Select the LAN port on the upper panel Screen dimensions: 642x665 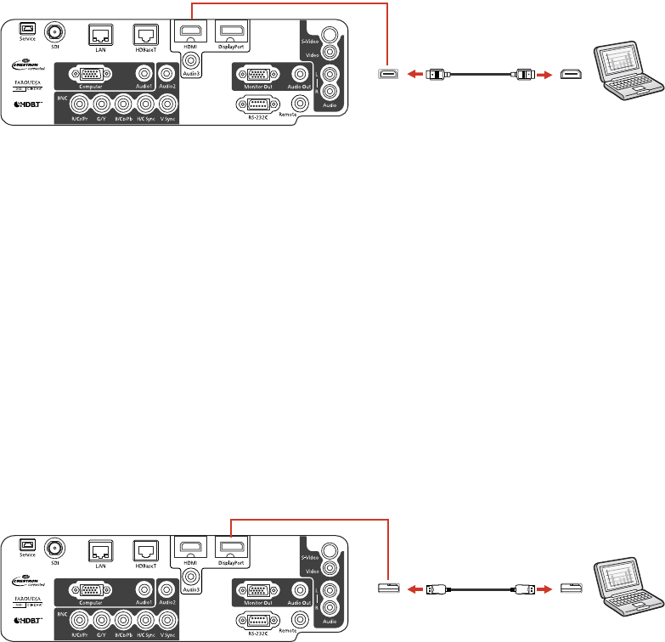(x=99, y=33)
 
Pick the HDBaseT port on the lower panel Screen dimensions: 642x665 (x=144, y=546)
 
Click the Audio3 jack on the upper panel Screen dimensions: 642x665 (x=192, y=61)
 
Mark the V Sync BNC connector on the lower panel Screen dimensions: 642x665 (x=167, y=619)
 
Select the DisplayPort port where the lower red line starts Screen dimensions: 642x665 (x=229, y=545)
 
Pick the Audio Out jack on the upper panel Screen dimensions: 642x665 (x=298, y=74)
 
